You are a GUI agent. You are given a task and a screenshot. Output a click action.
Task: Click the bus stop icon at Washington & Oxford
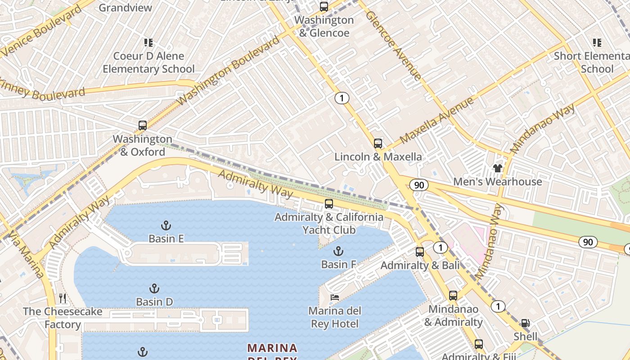pos(143,126)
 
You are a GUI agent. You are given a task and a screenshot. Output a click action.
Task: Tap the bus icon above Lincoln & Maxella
pos(378,144)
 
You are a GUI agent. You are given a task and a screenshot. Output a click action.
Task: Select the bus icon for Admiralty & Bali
pos(420,252)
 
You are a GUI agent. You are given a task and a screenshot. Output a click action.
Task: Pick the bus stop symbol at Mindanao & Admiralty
pos(453,296)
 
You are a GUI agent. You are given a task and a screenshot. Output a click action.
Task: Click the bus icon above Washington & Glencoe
pos(324,7)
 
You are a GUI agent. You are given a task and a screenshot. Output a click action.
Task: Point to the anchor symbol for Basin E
pos(166,225)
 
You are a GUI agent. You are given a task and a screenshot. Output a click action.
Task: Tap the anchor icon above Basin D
pos(154,288)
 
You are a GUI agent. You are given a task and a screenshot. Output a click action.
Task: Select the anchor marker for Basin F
pos(338,251)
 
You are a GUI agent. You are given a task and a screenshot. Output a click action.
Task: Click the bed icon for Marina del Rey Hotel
pos(335,297)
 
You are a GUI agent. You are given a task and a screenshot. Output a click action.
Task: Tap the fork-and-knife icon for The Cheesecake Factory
pos(63,298)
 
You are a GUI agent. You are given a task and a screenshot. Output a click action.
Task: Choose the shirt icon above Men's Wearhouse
pos(497,168)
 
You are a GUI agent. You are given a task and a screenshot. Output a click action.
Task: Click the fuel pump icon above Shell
pos(525,323)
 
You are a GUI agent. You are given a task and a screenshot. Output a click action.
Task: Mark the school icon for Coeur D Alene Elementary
pos(148,43)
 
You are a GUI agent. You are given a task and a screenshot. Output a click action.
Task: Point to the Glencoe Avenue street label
pos(393,45)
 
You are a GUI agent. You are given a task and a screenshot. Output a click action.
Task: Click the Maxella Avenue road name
pos(436,120)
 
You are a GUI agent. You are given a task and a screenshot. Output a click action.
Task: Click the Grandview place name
pos(125,8)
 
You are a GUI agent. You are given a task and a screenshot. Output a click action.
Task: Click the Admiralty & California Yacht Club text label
pos(329,224)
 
